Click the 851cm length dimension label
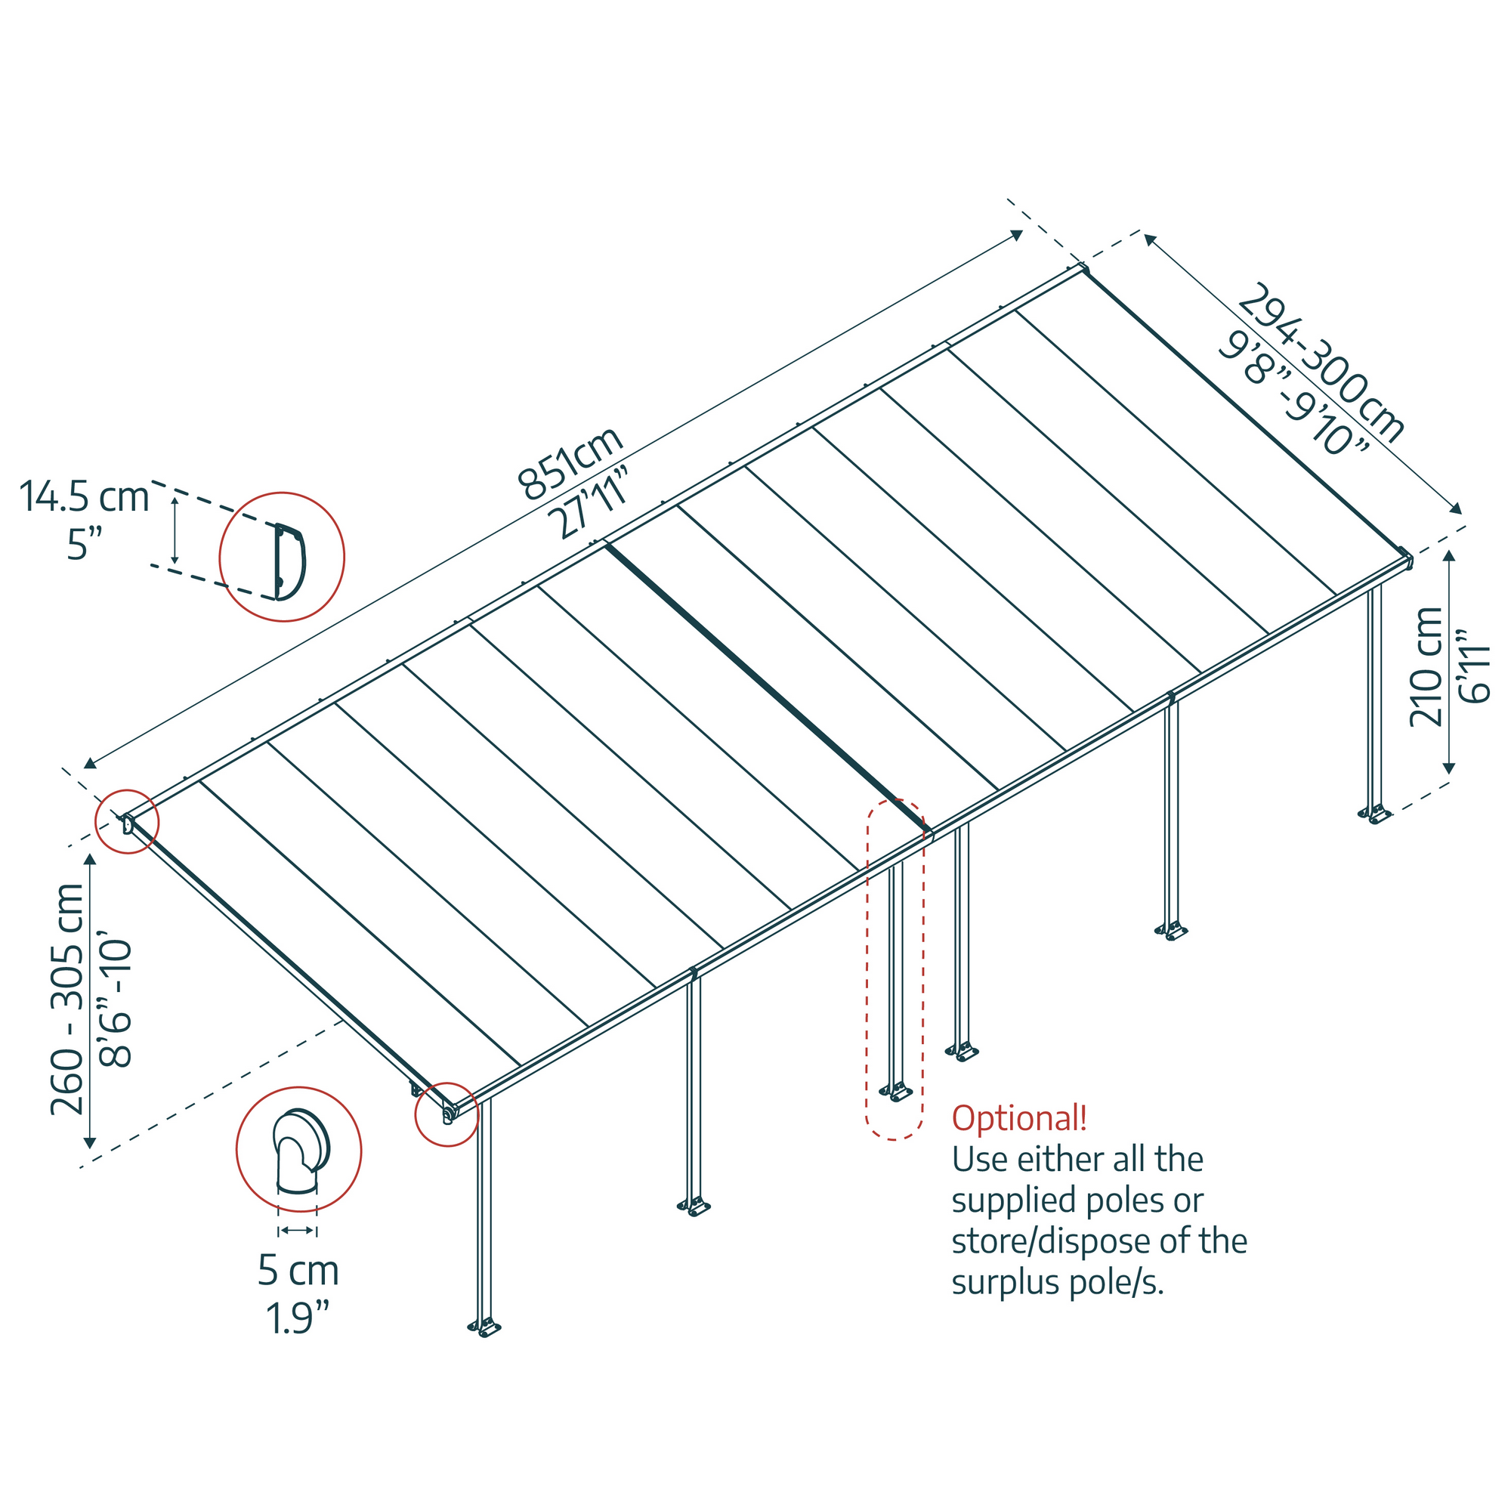coord(570,463)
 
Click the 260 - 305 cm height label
coord(67,999)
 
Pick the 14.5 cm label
coord(84,497)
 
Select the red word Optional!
coord(1019,1118)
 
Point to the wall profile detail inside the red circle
coord(287,561)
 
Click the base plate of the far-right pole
coord(1375,815)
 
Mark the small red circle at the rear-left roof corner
coord(127,822)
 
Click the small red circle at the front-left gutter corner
coord(447,1114)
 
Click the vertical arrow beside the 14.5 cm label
coord(175,530)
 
